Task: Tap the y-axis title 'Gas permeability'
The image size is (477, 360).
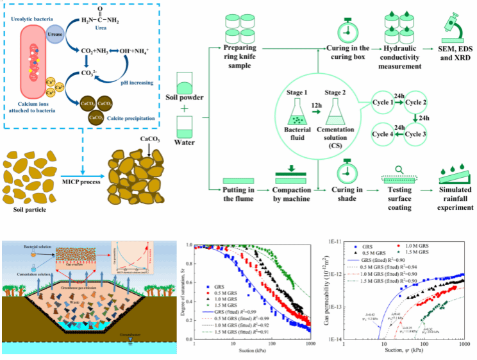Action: (331, 292)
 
